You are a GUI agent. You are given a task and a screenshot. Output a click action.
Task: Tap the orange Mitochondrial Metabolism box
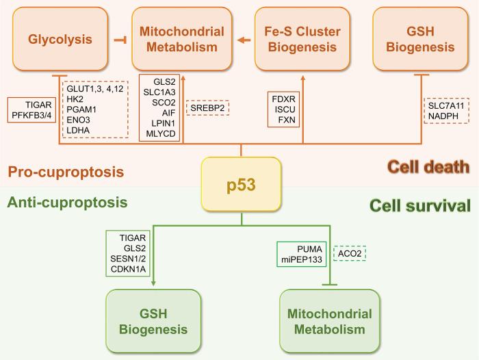pos(182,39)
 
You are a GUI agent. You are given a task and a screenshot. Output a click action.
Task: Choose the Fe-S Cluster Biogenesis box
pos(302,39)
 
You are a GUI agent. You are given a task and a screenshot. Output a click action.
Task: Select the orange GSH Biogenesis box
pos(420,39)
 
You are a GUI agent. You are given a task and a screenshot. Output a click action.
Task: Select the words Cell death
pos(427,166)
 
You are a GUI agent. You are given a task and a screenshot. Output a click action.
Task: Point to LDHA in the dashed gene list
pos(79,129)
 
